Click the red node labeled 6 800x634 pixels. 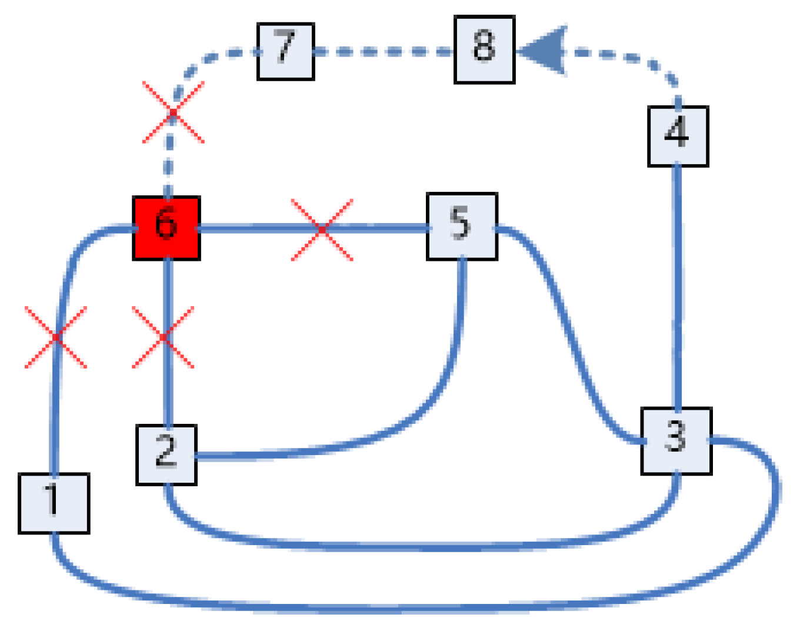166,228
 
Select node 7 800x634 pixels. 286,51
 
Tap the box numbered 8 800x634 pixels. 485,49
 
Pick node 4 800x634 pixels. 678,136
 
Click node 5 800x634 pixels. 462,226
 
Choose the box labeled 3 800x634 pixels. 676,441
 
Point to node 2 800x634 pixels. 166,454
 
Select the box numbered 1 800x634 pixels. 54,503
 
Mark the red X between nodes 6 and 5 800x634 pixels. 322,229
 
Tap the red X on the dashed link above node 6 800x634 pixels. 173,112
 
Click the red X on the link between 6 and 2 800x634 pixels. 163,337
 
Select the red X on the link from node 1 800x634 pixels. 56,337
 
